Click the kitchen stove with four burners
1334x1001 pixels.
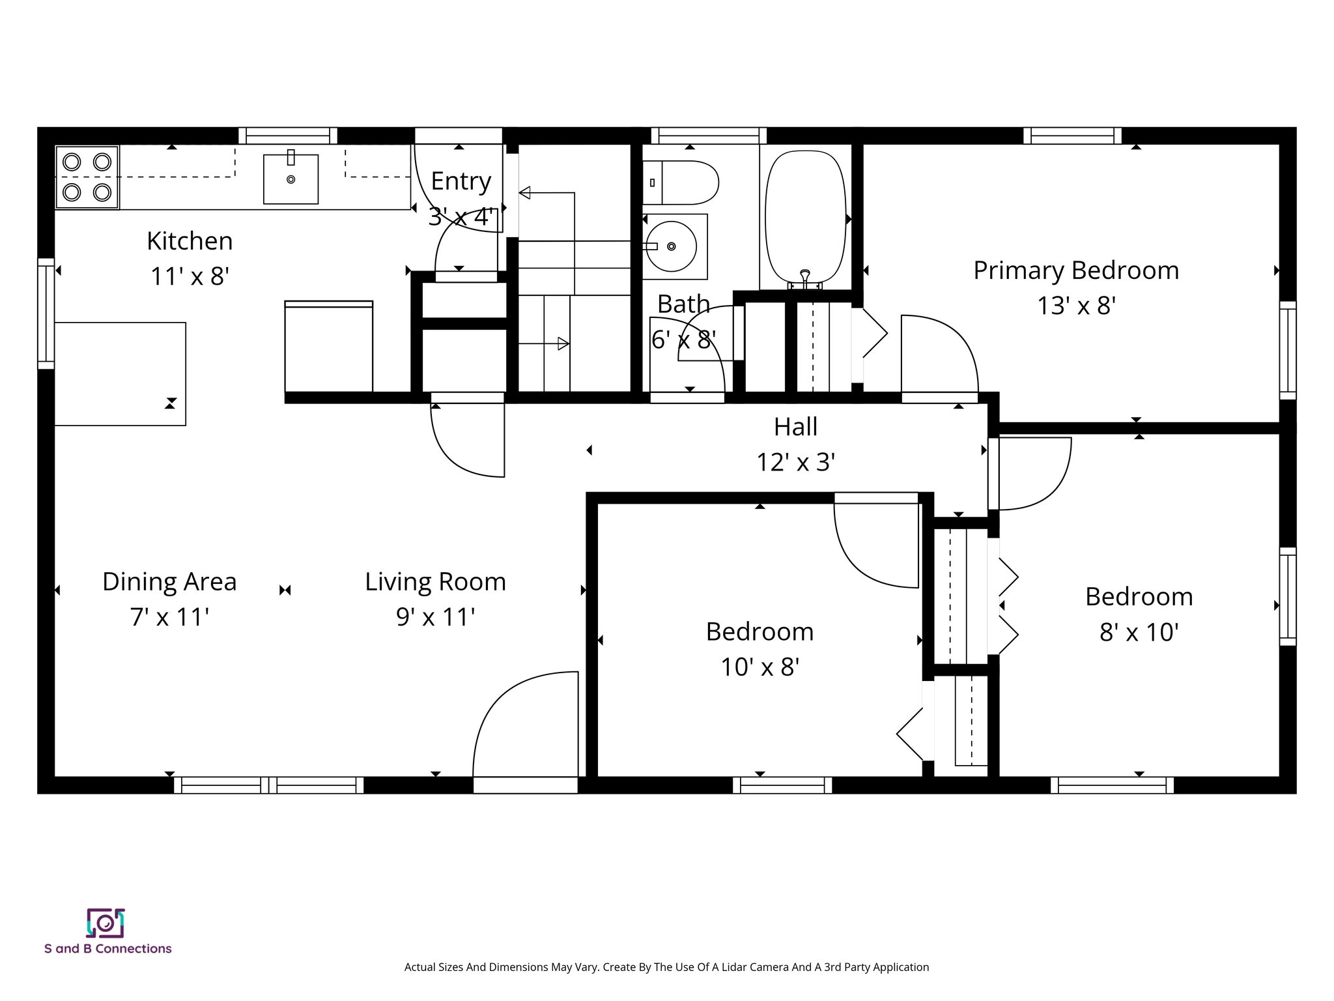coord(87,177)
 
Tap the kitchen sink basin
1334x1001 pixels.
coord(291,179)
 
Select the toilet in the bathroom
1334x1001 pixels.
coord(682,182)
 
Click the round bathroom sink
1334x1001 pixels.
coord(671,246)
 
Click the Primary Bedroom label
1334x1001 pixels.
coord(1075,270)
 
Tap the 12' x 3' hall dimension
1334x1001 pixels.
coord(795,463)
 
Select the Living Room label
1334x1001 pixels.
coord(435,582)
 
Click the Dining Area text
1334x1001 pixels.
coord(169,582)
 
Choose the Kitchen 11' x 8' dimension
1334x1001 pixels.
coord(190,277)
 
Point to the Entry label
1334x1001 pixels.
coord(461,181)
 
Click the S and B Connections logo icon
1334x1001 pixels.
coord(106,922)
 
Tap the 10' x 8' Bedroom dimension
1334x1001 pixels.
coord(759,667)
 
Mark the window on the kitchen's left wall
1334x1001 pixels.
coord(46,313)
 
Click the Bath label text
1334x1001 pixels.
coord(683,304)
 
